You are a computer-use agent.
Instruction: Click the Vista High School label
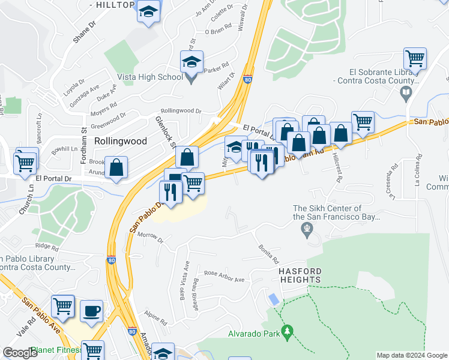pyautogui.click(x=152, y=77)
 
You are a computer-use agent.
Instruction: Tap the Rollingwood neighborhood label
pyautogui.click(x=121, y=141)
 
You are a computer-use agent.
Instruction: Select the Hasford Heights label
pyautogui.click(x=300, y=275)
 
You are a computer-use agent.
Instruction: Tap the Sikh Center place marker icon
pyautogui.click(x=307, y=228)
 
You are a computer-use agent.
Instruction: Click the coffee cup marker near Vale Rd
pyautogui.click(x=91, y=311)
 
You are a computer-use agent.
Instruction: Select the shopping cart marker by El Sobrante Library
pyautogui.click(x=415, y=59)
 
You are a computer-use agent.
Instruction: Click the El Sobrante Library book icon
pyautogui.click(x=406, y=92)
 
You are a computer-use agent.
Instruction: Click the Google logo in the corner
pyautogui.click(x=20, y=353)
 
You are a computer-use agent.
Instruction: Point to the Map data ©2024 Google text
pyautogui.click(x=411, y=355)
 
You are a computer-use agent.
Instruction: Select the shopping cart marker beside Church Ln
pyautogui.click(x=25, y=161)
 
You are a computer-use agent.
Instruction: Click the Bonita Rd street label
pyautogui.click(x=269, y=254)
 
